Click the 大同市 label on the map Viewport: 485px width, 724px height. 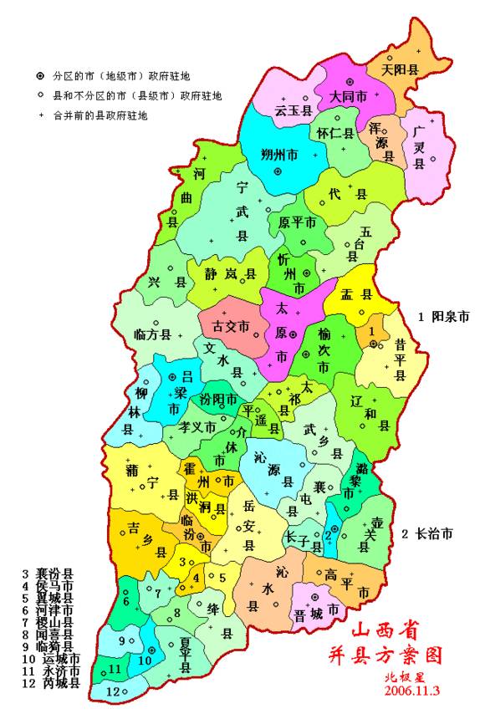click(347, 96)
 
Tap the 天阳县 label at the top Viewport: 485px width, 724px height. click(399, 69)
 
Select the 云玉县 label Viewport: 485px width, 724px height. click(294, 110)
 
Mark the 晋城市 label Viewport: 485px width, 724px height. click(310, 612)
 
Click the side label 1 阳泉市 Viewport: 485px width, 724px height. click(444, 316)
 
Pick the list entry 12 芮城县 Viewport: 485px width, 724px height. click(51, 683)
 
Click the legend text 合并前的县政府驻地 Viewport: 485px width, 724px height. click(100, 115)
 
